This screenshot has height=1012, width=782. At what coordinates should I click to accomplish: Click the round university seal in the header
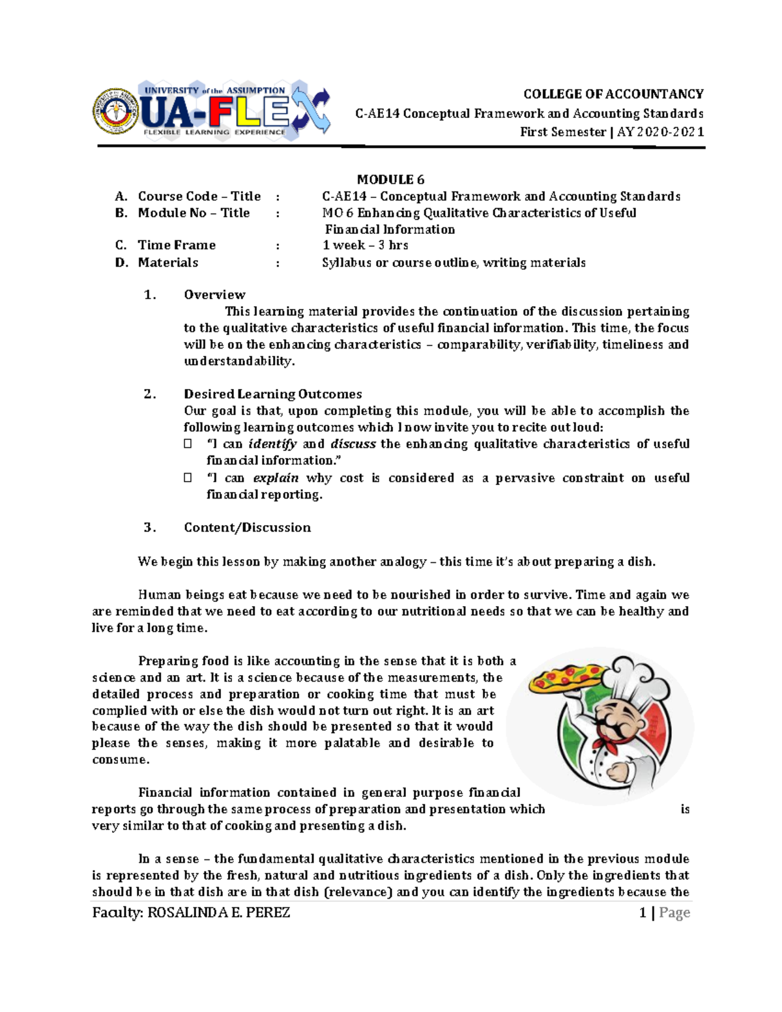(x=116, y=111)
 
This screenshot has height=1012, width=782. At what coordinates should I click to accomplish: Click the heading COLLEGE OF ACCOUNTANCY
(x=613, y=94)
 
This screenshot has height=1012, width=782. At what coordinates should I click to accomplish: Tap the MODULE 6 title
(x=390, y=179)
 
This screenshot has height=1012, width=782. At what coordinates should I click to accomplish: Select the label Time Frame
(x=177, y=245)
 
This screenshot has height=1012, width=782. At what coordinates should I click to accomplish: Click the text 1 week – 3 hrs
(x=365, y=245)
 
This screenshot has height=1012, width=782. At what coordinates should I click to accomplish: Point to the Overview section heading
(x=214, y=295)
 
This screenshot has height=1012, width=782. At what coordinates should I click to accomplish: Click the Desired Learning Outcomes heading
(x=272, y=394)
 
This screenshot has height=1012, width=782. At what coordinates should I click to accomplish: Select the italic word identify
(x=272, y=444)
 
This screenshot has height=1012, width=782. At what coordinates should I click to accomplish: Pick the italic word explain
(x=276, y=478)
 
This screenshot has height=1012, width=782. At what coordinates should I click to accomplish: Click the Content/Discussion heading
(x=247, y=527)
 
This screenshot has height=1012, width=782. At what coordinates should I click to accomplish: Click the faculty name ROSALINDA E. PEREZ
(x=219, y=912)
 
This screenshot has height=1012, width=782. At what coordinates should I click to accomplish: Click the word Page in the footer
(x=674, y=912)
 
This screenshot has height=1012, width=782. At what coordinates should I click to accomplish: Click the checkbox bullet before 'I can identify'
(x=188, y=444)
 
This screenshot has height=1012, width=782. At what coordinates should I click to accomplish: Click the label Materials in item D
(x=168, y=263)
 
